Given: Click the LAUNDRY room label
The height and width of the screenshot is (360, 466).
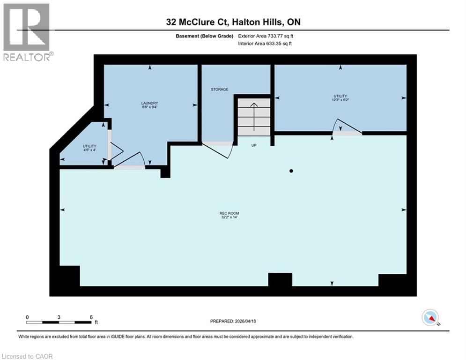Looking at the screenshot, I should click(x=150, y=103).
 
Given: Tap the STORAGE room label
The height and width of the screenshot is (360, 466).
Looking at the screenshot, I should click(x=219, y=89).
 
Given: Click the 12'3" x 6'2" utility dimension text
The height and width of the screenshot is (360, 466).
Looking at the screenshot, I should click(x=340, y=100).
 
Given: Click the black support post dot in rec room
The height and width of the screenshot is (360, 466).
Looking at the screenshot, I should click(x=291, y=171).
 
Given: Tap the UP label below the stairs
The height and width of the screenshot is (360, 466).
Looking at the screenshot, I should click(x=254, y=145).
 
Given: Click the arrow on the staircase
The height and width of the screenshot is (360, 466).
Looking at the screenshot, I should click(x=254, y=116).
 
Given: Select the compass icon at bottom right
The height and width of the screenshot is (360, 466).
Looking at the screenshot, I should click(x=430, y=317).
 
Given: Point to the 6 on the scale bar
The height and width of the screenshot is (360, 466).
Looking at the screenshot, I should click(x=91, y=317).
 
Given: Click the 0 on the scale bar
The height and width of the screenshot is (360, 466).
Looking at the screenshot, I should click(x=27, y=317).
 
